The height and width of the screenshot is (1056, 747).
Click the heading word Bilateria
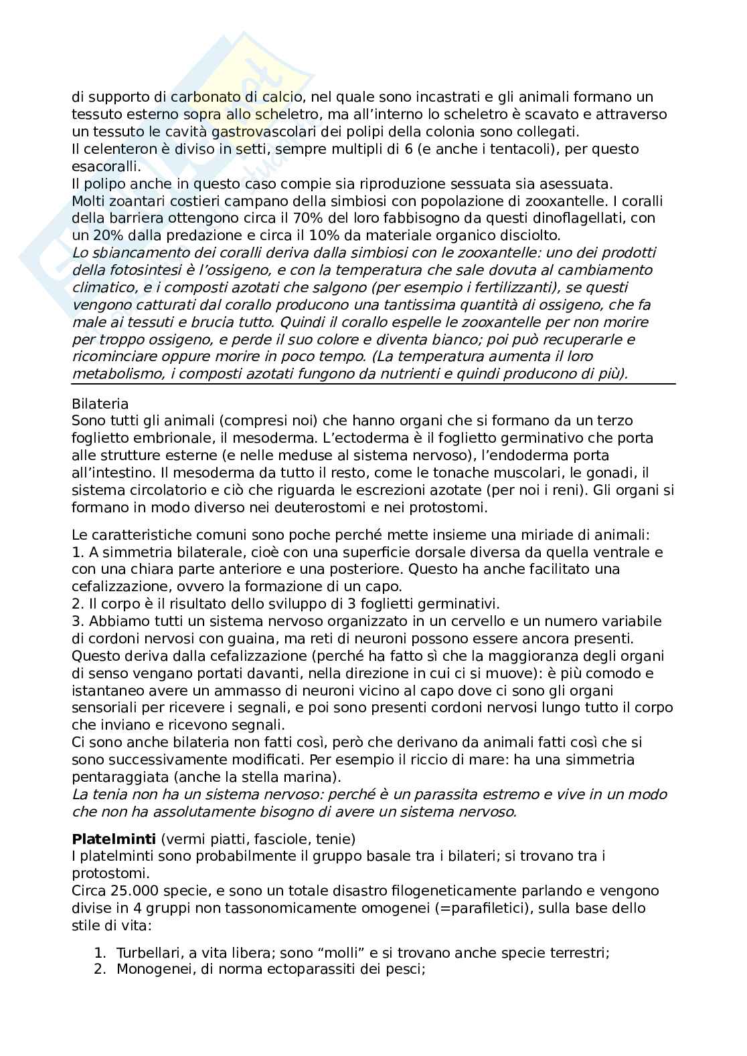point(100,404)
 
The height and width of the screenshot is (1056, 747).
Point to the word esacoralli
point(102,166)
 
